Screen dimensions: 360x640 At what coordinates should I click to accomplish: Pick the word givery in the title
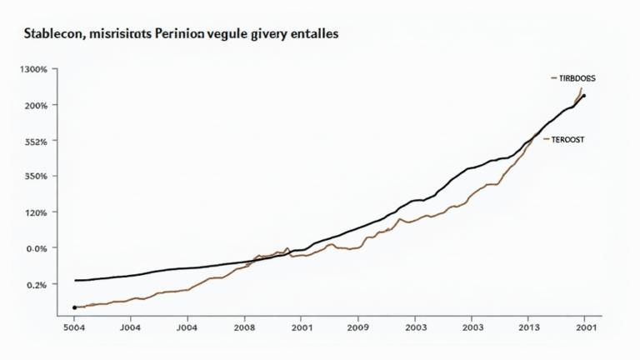285,36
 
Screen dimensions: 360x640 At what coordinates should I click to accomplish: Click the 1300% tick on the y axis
32,69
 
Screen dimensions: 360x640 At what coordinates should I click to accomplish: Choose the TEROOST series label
567,139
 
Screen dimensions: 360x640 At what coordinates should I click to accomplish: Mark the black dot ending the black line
583,96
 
